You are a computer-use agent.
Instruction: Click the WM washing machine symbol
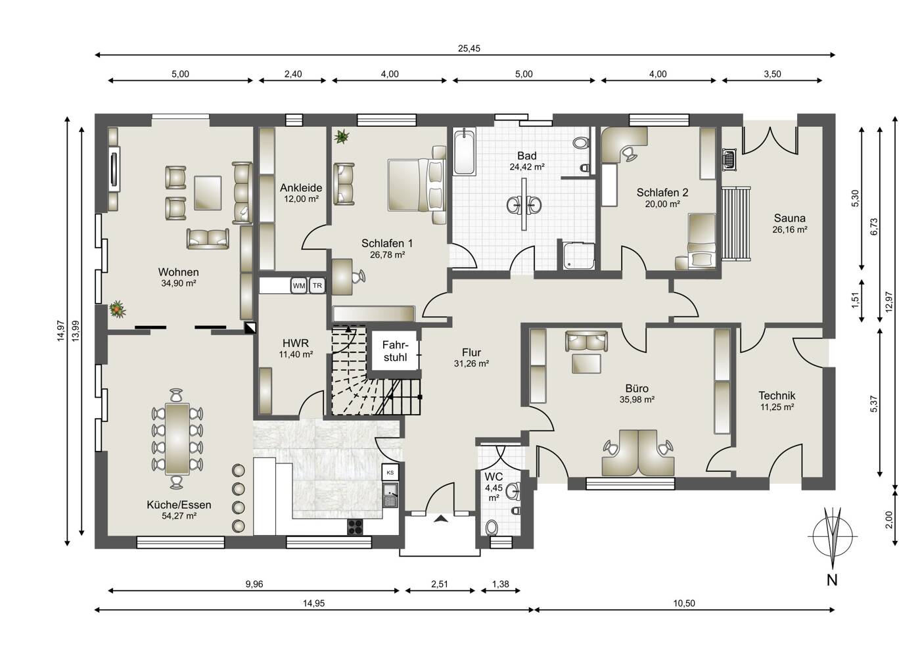click(x=299, y=285)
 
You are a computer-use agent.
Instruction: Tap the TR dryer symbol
click(x=317, y=285)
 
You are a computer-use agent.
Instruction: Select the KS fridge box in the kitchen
click(x=390, y=473)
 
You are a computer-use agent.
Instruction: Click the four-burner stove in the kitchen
click(x=356, y=527)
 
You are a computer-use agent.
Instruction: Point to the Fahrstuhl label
click(x=395, y=351)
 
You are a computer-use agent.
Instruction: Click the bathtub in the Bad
click(x=465, y=152)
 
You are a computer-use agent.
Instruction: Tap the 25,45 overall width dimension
click(x=469, y=49)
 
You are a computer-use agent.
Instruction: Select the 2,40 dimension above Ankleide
click(x=293, y=74)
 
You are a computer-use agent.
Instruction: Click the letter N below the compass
click(x=832, y=580)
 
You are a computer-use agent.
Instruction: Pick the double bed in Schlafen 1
click(x=417, y=185)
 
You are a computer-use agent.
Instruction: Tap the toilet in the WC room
click(x=492, y=528)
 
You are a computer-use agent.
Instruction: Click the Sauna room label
click(x=789, y=218)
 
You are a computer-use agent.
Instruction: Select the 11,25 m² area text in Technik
click(x=777, y=407)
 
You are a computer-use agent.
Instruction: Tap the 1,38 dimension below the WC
click(x=500, y=584)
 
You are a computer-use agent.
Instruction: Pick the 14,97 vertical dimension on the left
click(x=61, y=331)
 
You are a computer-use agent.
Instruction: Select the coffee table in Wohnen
click(x=208, y=193)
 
